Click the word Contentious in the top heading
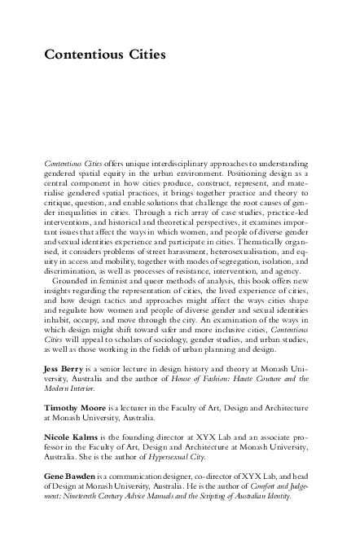tap(83, 55)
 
